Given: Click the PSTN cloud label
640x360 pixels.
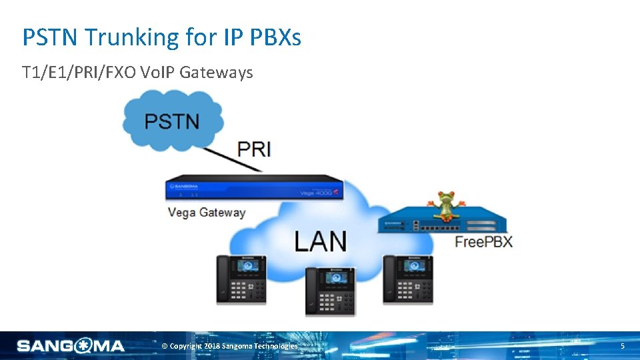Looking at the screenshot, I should point(172,122).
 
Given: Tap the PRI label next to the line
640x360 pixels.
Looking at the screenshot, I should point(254,149).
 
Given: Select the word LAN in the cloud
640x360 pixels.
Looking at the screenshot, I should point(320,241).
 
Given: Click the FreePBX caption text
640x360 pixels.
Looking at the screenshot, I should point(483,241).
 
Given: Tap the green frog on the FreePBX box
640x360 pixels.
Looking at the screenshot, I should point(445,204).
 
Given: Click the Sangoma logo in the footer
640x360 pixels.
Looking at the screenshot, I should point(71,345).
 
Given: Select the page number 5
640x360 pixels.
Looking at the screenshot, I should point(622,346).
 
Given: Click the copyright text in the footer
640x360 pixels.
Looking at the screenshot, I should point(230,346).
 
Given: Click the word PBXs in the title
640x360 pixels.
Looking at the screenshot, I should point(276,37).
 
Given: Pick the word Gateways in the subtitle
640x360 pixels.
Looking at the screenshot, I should point(219,72).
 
